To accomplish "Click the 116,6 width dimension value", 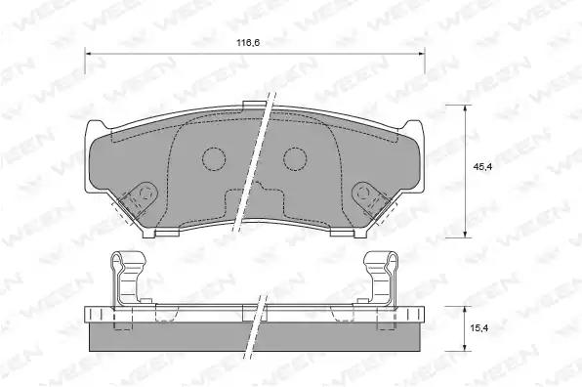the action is click(248, 42).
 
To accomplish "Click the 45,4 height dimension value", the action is click(482, 167).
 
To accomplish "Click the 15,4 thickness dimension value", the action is click(478, 328).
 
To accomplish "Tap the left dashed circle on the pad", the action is click(214, 159).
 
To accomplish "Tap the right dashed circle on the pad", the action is click(295, 159).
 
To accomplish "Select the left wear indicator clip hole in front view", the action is click(145, 193).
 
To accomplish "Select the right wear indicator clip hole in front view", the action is click(363, 193).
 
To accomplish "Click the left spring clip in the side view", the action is click(127, 278).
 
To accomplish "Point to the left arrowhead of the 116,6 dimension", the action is click(88, 54).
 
